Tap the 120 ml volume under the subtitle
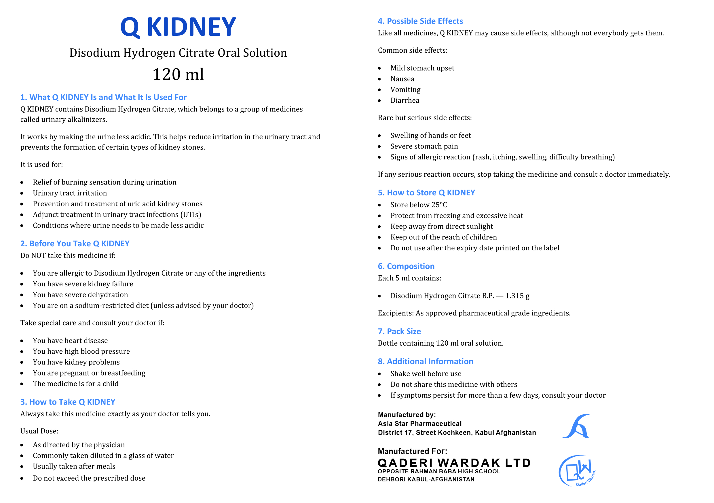click(x=178, y=74)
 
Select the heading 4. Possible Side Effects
click(x=420, y=21)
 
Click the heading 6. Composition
click(x=406, y=266)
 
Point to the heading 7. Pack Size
click(x=399, y=331)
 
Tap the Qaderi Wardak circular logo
click(x=577, y=471)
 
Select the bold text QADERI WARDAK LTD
click(x=454, y=463)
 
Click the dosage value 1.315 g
click(x=517, y=296)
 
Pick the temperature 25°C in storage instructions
click(x=439, y=205)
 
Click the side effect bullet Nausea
click(x=402, y=79)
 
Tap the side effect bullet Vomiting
click(x=405, y=90)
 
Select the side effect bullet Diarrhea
click(x=405, y=100)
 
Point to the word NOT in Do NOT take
click(x=39, y=256)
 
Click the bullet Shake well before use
click(x=426, y=374)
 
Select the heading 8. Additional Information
click(x=426, y=361)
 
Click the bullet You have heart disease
click(x=70, y=341)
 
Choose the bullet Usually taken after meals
click(x=74, y=466)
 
